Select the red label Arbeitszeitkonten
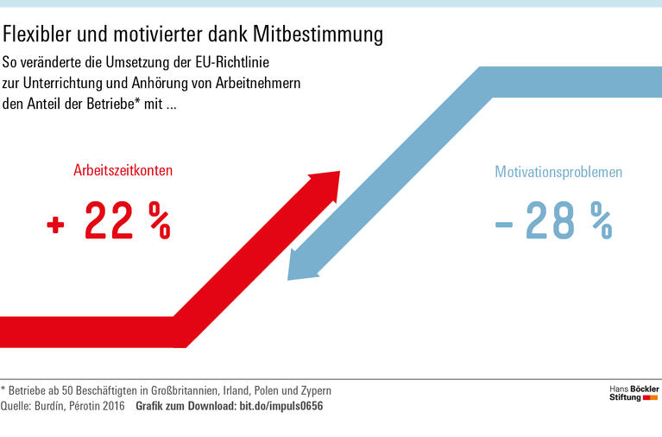pos(123,171)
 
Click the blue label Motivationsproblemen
pos(558,172)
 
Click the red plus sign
pos(56,225)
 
